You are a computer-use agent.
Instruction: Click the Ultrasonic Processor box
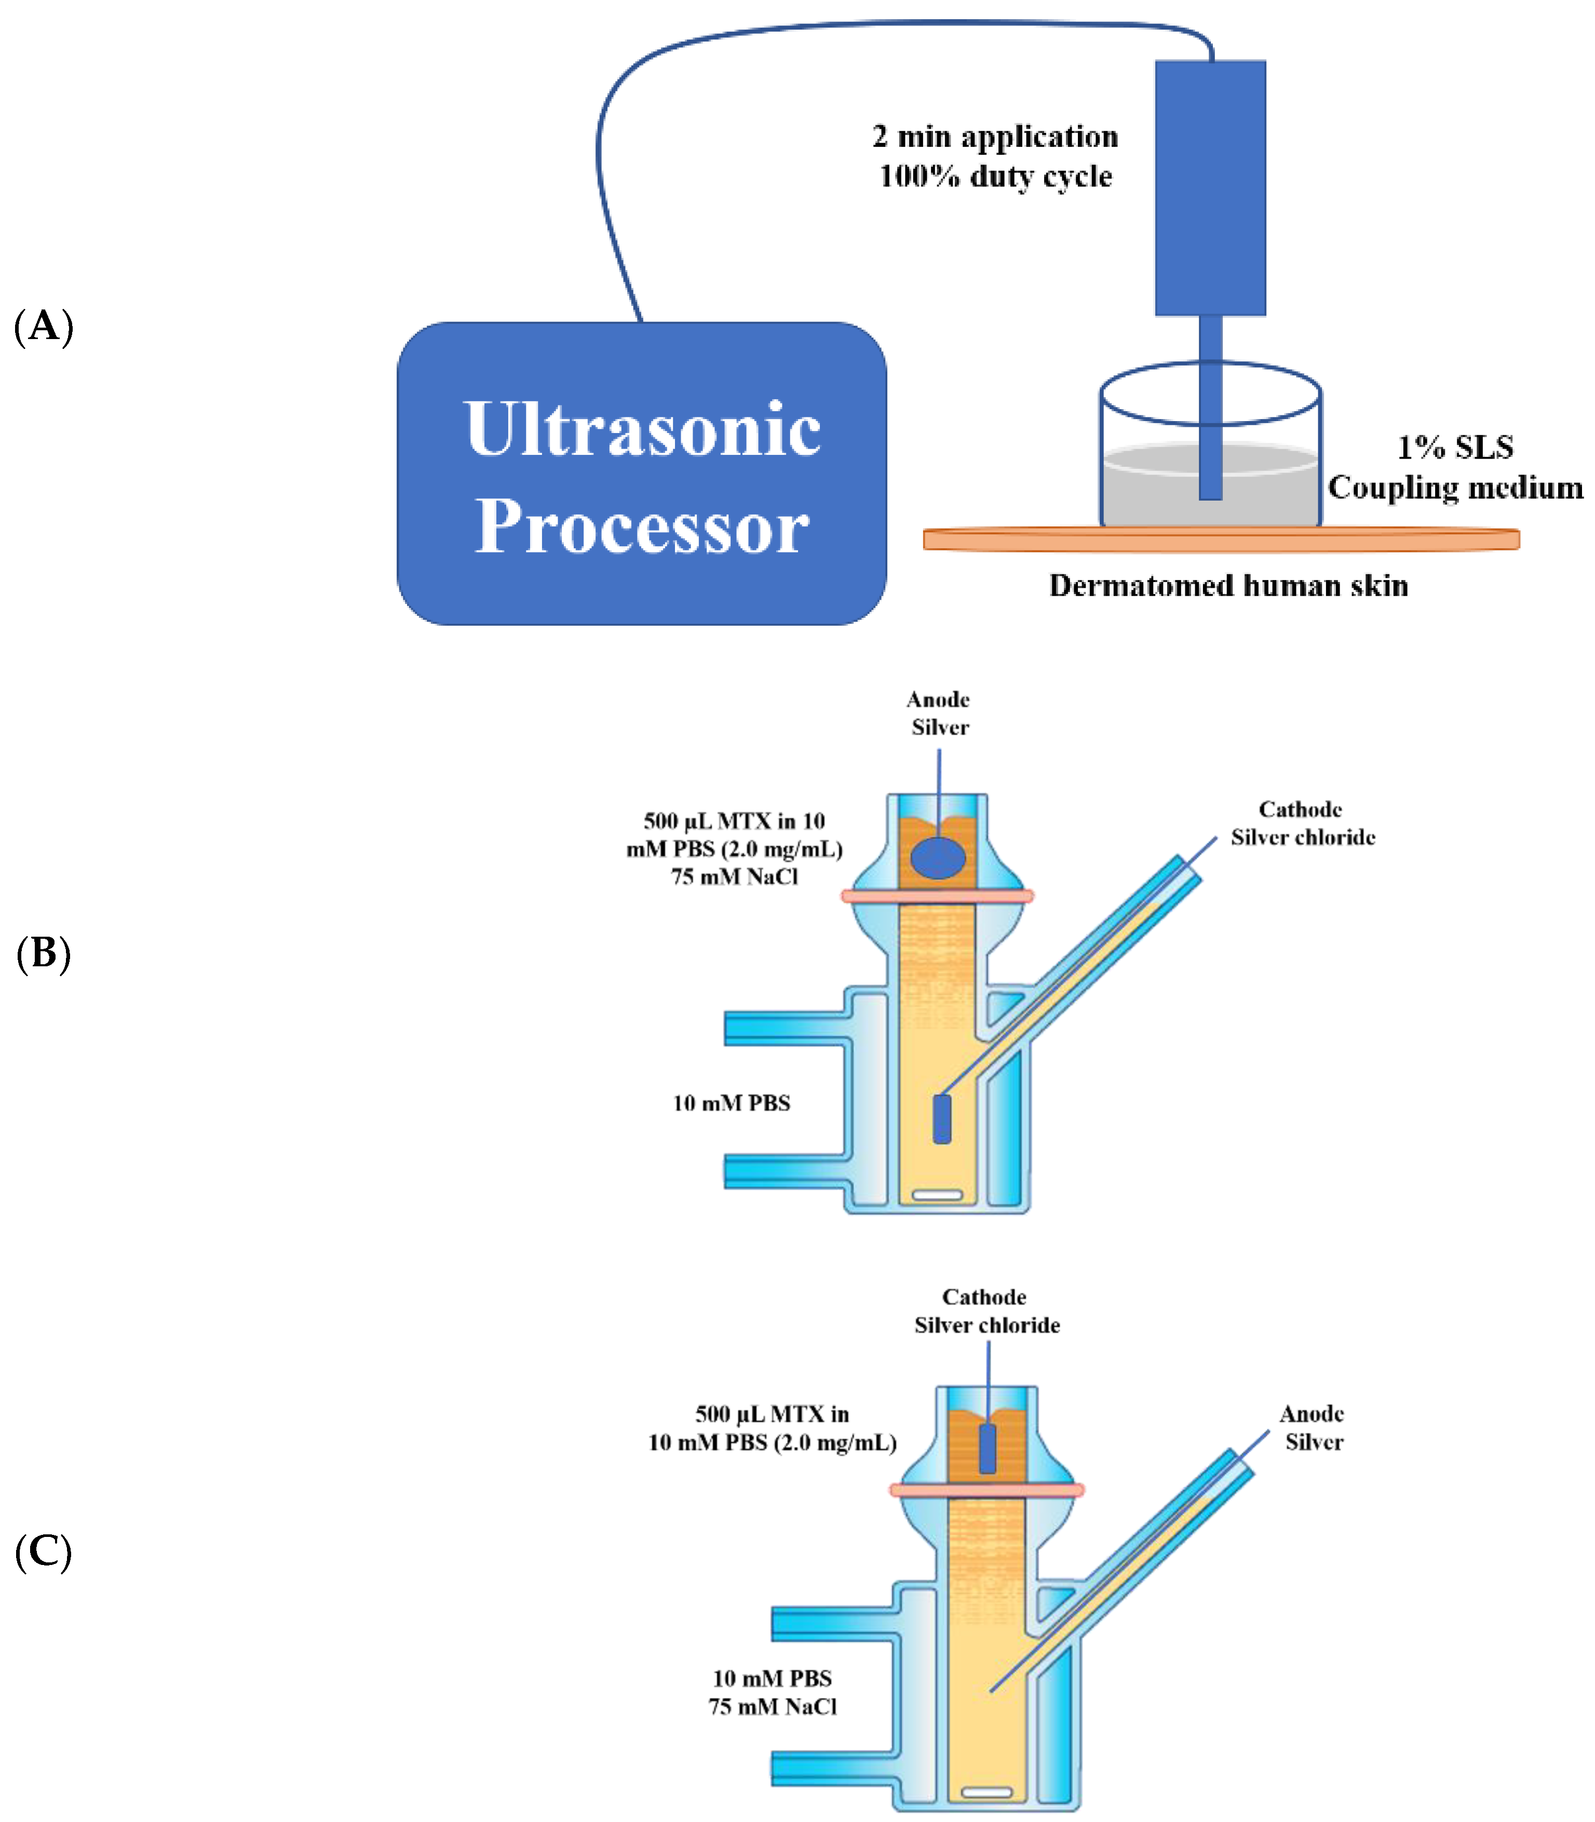point(641,474)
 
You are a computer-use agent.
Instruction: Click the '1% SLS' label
point(1454,447)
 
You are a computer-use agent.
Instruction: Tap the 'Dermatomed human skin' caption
point(1228,586)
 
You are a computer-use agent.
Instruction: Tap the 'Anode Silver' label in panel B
point(939,713)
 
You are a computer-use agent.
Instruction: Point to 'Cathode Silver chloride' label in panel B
point(1302,824)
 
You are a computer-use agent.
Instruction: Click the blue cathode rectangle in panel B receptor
point(942,1119)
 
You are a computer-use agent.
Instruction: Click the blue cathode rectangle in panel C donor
point(987,1448)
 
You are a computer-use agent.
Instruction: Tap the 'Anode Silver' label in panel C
point(1312,1428)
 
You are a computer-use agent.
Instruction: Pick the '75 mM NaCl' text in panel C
point(772,1706)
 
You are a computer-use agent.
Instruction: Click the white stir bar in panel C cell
point(987,1792)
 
